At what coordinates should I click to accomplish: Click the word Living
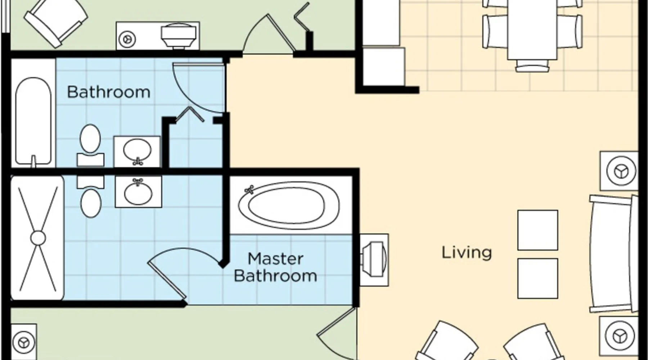(x=467, y=252)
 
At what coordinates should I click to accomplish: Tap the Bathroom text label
(x=109, y=92)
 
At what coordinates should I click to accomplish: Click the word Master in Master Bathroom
(x=276, y=259)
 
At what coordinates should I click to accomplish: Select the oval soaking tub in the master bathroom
(x=289, y=206)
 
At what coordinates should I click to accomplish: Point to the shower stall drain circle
(x=38, y=238)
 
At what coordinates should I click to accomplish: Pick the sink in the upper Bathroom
(x=137, y=152)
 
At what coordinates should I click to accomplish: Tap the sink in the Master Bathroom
(x=138, y=192)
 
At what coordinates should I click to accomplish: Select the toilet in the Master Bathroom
(x=91, y=197)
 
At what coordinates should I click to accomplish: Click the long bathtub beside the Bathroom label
(x=33, y=121)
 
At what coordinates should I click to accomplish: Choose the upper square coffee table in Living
(x=538, y=230)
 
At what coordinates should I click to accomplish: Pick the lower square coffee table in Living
(x=538, y=278)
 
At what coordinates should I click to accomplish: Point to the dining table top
(x=532, y=29)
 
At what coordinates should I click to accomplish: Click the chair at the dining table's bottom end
(x=532, y=66)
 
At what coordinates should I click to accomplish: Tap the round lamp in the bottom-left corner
(x=24, y=342)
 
